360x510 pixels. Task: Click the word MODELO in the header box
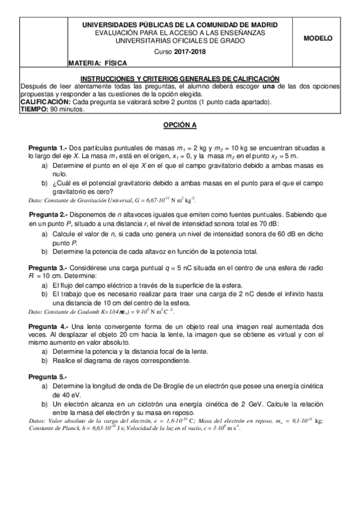pyautogui.click(x=318, y=37)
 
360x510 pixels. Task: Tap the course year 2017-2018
pyautogui.click(x=189, y=52)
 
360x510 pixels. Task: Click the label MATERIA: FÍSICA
pyautogui.click(x=95, y=63)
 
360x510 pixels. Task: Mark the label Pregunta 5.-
pyautogui.click(x=48, y=376)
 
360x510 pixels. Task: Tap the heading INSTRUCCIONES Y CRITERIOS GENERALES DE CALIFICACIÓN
pyautogui.click(x=180, y=78)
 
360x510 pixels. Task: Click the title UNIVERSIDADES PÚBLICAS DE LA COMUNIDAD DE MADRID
pyautogui.click(x=180, y=25)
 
